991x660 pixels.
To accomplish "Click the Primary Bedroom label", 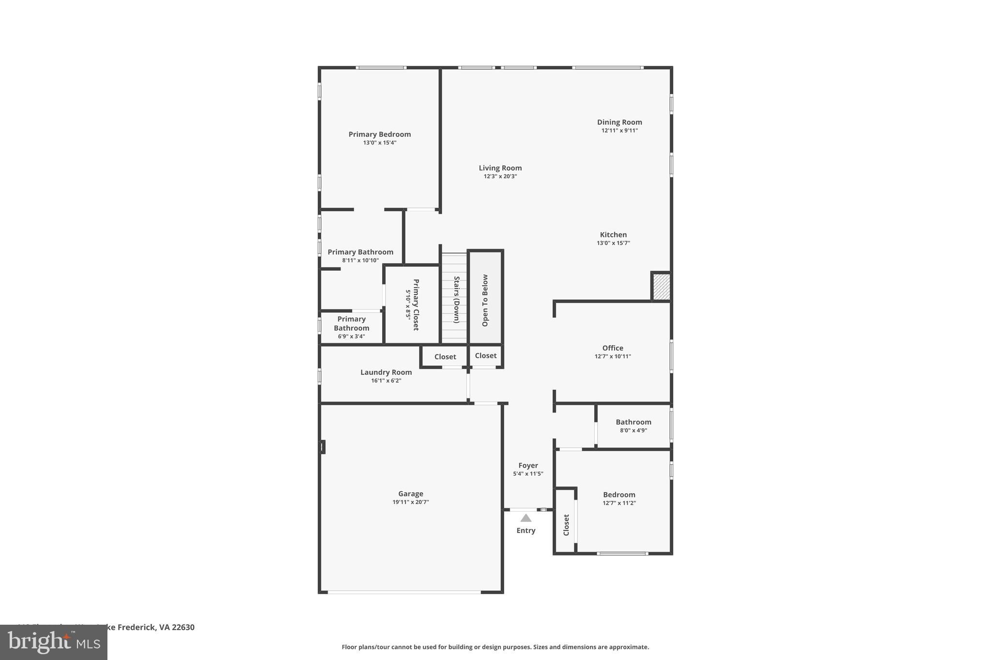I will [x=379, y=134].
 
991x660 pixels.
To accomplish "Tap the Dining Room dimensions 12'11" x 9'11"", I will [x=619, y=131].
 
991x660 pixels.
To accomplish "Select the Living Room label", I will [x=500, y=168].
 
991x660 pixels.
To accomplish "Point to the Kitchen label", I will [x=613, y=235].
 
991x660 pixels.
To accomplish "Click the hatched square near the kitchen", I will [x=661, y=287].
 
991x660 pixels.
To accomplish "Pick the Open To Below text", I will [x=485, y=300].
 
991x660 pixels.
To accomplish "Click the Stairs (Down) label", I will [x=456, y=299].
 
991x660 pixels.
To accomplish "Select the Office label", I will [x=613, y=348].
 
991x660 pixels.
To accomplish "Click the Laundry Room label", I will [x=386, y=372].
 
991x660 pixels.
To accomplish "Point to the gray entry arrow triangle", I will [x=526, y=518].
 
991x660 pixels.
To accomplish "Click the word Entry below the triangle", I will [x=526, y=530].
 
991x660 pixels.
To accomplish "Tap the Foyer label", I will [x=528, y=466].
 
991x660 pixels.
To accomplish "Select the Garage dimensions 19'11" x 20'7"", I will [x=410, y=502].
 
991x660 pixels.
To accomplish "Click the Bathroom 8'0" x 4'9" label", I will [x=633, y=422].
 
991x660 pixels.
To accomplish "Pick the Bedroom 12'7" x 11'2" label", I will [x=619, y=495].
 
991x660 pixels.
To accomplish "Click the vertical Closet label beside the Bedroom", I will [x=566, y=525].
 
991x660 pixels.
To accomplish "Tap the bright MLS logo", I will [x=53, y=642].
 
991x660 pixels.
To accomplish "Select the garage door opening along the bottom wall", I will [x=404, y=592].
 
